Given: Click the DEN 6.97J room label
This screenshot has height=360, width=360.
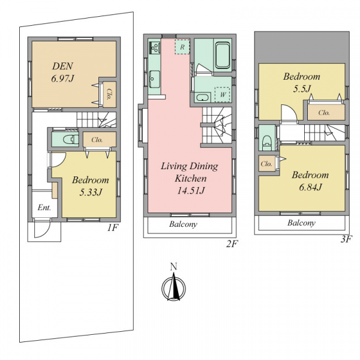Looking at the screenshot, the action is click(x=62, y=73).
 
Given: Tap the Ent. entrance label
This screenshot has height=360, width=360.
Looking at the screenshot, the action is click(x=44, y=208).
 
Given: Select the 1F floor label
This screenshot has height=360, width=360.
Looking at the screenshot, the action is click(x=113, y=228).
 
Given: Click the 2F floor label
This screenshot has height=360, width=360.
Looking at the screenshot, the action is click(x=231, y=244).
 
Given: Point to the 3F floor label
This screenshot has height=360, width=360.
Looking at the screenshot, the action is click(x=346, y=239).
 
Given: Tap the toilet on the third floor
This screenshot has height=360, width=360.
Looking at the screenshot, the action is click(x=267, y=142).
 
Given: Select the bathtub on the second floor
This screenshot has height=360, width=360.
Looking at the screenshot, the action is click(x=223, y=55).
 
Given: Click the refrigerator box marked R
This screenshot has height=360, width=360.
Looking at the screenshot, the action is click(x=182, y=47).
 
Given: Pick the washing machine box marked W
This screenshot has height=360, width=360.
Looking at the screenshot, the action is click(x=222, y=95).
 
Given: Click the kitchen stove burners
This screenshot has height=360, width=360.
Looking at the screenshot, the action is click(x=155, y=47).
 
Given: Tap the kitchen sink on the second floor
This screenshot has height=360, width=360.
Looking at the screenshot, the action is click(x=155, y=79).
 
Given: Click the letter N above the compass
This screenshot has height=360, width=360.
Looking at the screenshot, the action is click(x=173, y=267).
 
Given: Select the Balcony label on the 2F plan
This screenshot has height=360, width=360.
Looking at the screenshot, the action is click(x=183, y=224).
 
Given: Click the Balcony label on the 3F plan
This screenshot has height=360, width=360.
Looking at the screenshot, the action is click(x=301, y=223).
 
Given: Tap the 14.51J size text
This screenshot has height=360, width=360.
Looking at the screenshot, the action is click(x=191, y=191).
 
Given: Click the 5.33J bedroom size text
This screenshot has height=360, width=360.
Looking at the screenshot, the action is click(x=91, y=192).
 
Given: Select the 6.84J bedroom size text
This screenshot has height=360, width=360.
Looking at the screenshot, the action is click(x=310, y=187).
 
